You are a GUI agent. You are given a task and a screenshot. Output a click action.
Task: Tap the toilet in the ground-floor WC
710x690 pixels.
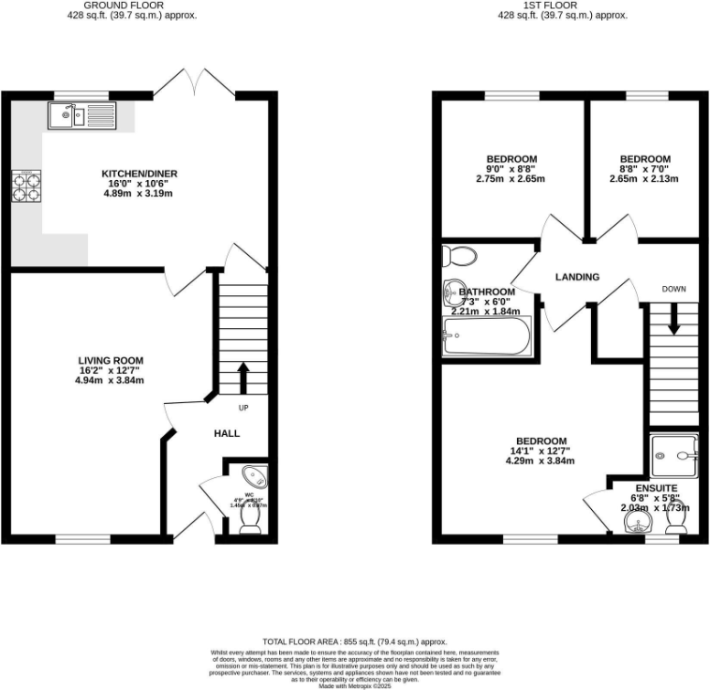(x=249, y=518)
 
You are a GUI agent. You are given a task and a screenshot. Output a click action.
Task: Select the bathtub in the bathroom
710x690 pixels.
(x=484, y=336)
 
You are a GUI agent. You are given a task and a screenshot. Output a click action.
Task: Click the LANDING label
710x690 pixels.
(x=577, y=277)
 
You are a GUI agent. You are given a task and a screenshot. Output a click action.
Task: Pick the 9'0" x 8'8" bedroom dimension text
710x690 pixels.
(x=511, y=169)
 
